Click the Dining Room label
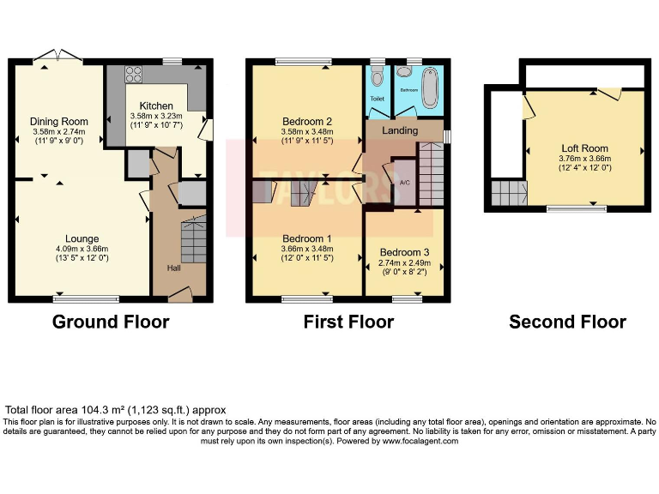tap(59, 122)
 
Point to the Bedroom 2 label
tap(306, 121)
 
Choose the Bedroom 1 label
tap(306, 238)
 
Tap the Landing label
tap(400, 131)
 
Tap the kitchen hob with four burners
tap(134, 73)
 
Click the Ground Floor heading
tap(111, 322)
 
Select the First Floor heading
tap(348, 322)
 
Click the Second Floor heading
tap(567, 322)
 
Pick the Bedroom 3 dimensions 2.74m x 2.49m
tap(403, 263)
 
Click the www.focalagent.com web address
tap(420, 441)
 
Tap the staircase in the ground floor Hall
tap(193, 240)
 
